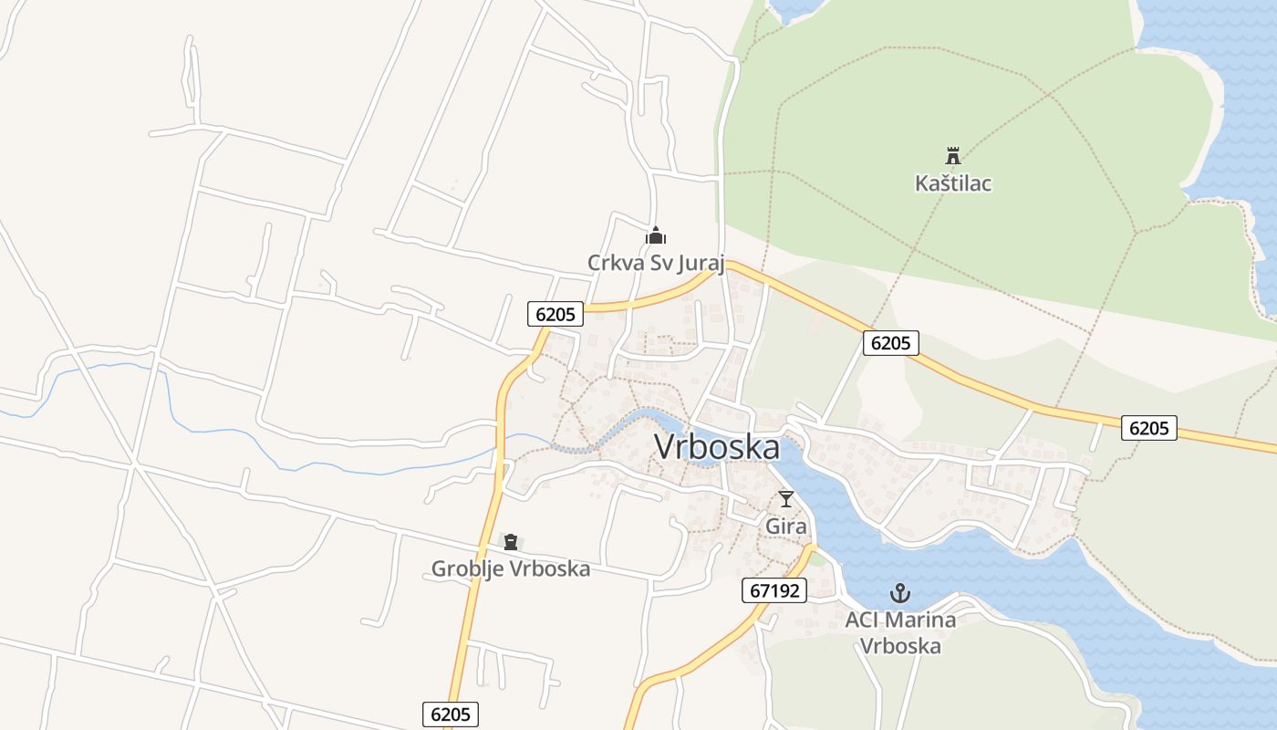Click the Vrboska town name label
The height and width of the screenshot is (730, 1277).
(x=717, y=448)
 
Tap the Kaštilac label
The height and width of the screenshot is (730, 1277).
(x=953, y=183)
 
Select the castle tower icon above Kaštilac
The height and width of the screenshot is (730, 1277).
(x=953, y=156)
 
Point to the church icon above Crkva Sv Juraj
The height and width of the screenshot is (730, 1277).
(x=656, y=236)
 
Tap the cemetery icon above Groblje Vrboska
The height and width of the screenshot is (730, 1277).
(x=511, y=542)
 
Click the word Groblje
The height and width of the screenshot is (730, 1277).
(x=467, y=569)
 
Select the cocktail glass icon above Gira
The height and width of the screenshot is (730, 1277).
(x=786, y=499)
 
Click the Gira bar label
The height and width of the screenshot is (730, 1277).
(x=786, y=527)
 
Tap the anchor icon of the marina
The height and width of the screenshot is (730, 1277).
(x=900, y=594)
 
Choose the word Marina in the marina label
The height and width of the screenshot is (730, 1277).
(x=920, y=620)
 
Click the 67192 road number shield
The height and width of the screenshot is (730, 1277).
(x=773, y=590)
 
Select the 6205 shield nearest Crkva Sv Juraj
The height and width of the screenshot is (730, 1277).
(x=555, y=314)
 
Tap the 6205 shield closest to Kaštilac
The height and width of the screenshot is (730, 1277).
(x=891, y=343)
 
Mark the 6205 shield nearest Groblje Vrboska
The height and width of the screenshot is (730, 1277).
(x=451, y=714)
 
